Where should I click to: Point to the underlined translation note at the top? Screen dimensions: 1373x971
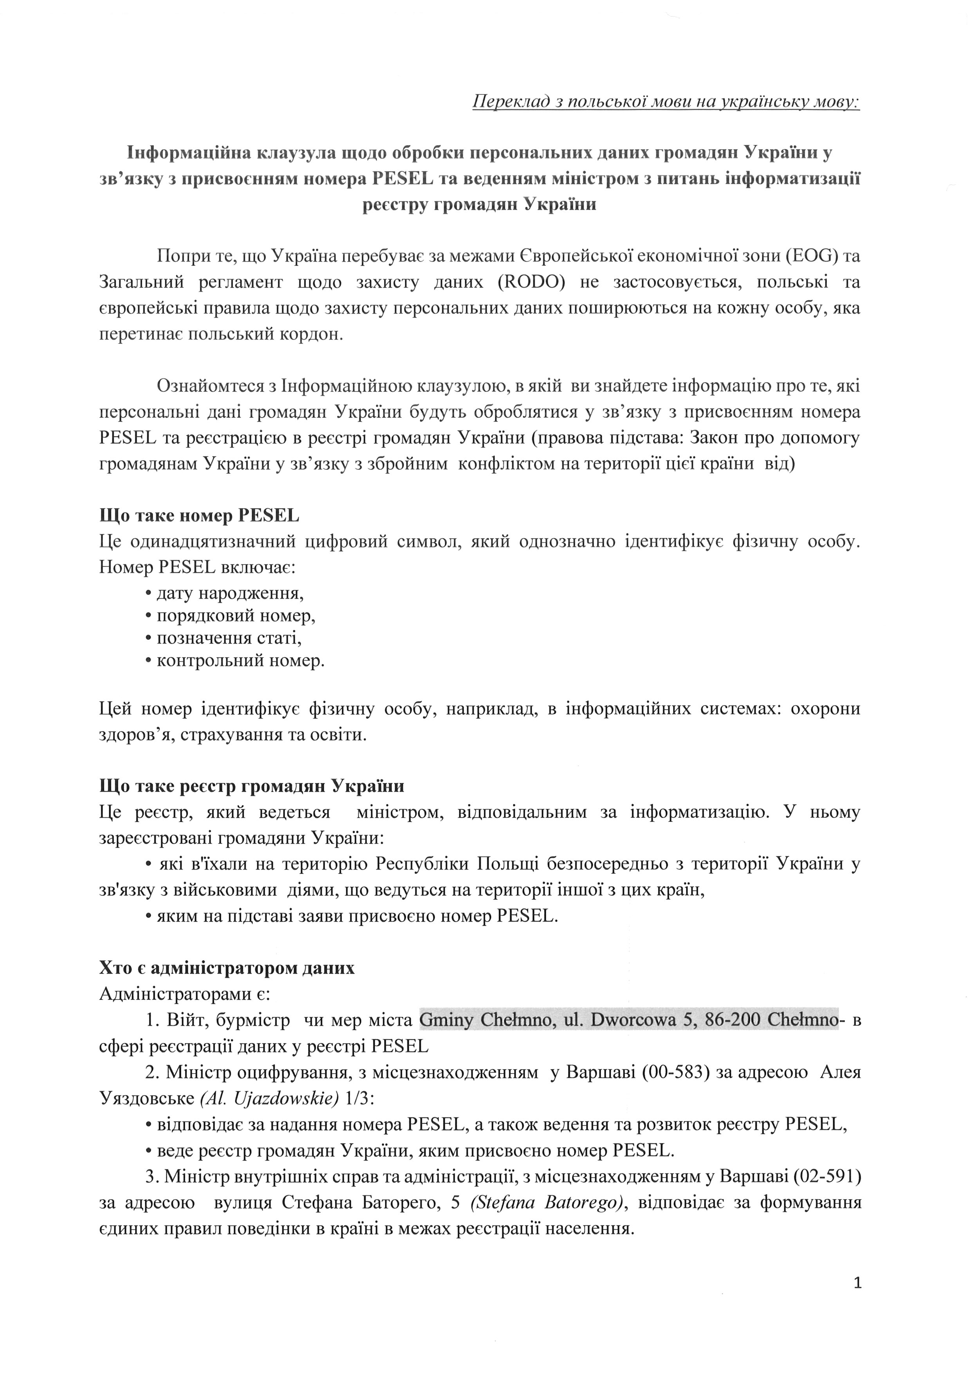pos(666,102)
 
